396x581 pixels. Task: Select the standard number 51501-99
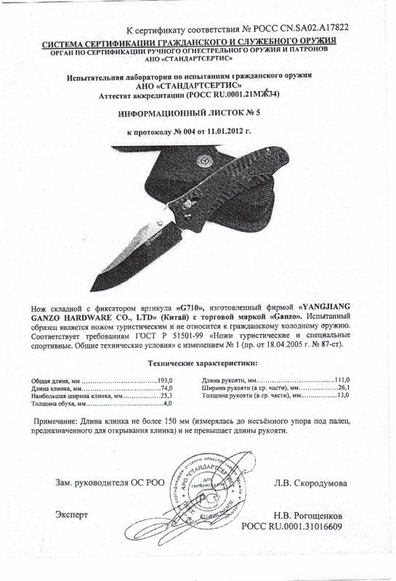tap(174, 338)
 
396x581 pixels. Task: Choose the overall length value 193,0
tap(169, 381)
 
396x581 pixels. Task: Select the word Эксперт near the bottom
tap(71, 513)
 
